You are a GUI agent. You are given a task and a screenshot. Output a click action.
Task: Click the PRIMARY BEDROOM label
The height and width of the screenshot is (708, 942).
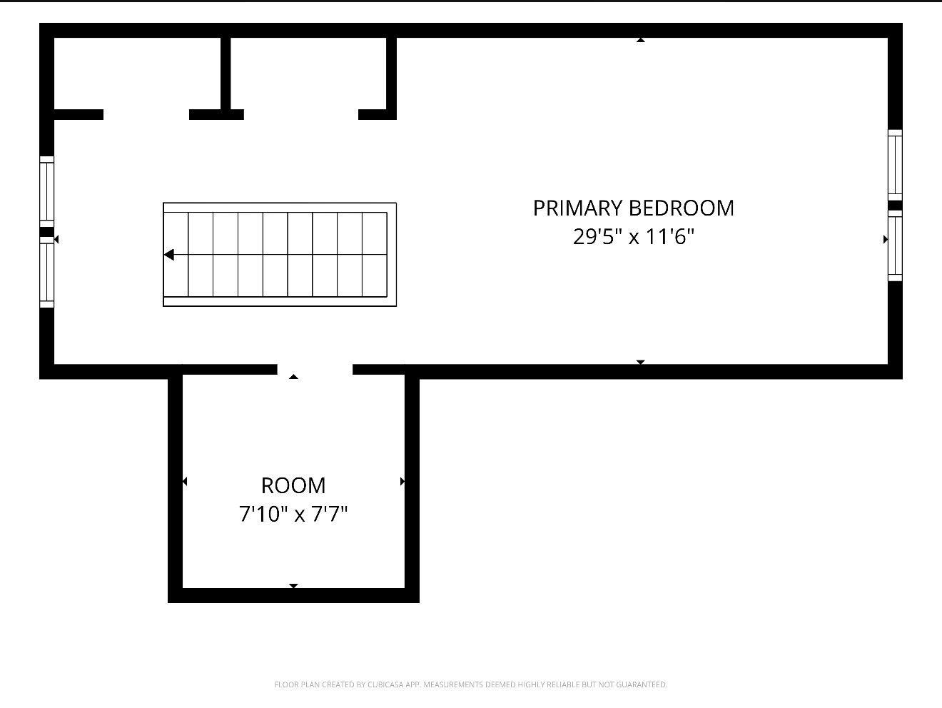click(x=634, y=208)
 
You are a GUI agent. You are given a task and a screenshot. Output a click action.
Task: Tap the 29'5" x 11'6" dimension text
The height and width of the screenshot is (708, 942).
click(x=634, y=236)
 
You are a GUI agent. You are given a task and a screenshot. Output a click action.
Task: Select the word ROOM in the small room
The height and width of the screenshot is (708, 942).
click(x=293, y=486)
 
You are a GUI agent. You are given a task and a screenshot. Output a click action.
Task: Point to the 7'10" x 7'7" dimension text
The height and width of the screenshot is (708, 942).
click(x=293, y=514)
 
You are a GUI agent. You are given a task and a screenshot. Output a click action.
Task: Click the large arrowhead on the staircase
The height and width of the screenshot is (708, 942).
click(x=169, y=255)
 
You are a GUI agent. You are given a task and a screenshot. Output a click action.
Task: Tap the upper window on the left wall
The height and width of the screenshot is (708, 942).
click(x=47, y=191)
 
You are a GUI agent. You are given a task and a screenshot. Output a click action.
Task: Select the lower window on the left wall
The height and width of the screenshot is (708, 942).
click(x=47, y=273)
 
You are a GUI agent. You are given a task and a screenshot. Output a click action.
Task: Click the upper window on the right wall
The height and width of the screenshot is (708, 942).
click(x=895, y=165)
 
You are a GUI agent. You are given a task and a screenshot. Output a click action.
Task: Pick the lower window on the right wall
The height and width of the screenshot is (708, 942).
click(x=895, y=246)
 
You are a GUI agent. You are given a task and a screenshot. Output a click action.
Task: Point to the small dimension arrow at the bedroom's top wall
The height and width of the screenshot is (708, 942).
click(x=641, y=40)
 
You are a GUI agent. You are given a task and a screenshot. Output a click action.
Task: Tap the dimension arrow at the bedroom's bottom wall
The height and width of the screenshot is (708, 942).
click(x=641, y=362)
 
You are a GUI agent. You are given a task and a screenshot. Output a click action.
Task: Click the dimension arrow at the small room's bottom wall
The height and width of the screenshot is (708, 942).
click(x=293, y=586)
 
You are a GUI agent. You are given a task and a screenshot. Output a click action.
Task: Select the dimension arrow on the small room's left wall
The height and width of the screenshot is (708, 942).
click(x=185, y=482)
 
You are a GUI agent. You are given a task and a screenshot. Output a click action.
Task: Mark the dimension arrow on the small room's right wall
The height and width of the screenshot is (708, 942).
click(x=402, y=482)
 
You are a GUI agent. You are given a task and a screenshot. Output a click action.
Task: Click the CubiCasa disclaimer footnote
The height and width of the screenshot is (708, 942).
click(x=471, y=684)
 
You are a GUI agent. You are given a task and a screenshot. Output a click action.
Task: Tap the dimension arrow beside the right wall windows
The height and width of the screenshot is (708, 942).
click(x=886, y=239)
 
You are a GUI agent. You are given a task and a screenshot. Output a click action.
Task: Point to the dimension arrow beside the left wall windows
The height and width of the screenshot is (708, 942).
click(x=56, y=239)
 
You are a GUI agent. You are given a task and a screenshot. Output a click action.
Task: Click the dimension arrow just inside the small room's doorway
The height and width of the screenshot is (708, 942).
click(x=293, y=377)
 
